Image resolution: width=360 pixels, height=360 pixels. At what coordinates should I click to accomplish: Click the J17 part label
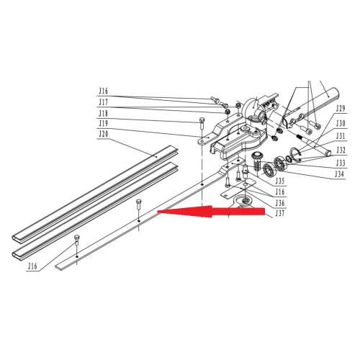104,102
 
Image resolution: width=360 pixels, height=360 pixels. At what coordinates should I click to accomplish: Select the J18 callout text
104,113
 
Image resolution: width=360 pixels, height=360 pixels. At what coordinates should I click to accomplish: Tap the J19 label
104,124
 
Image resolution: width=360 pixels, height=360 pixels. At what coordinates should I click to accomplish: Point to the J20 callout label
104,134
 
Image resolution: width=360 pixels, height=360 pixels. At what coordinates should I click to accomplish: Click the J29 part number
341,109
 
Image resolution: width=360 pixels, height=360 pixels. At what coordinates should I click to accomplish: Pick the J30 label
341,123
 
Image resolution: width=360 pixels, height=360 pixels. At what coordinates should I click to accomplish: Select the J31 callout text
341,136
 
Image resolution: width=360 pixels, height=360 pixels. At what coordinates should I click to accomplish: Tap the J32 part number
341,150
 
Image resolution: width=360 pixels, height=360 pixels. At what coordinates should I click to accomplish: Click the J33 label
341,163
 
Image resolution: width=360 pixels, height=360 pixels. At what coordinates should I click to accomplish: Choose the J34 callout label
340,174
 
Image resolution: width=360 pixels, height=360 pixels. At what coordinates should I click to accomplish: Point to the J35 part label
280,181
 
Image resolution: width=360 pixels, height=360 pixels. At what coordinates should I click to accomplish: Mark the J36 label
280,203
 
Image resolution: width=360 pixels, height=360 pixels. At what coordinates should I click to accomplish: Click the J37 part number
280,213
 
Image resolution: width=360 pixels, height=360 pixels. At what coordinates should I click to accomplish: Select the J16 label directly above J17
104,91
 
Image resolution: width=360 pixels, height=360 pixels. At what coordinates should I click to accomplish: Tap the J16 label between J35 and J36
280,192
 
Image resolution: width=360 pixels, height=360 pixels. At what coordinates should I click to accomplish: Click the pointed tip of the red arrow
158,212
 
